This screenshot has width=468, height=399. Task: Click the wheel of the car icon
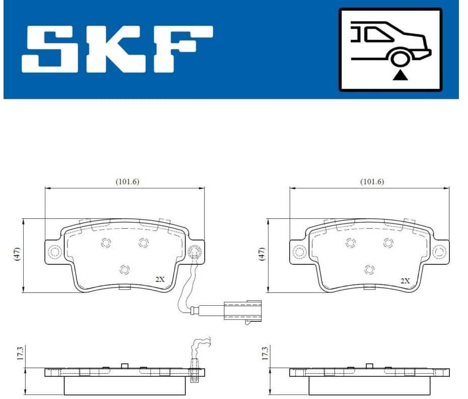399,58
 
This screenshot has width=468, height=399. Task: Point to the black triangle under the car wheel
400,76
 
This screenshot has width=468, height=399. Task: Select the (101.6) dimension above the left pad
127,181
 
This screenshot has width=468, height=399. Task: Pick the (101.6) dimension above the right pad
372,181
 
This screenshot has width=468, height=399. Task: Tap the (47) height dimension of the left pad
17,254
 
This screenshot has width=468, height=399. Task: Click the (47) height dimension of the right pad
262,254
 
